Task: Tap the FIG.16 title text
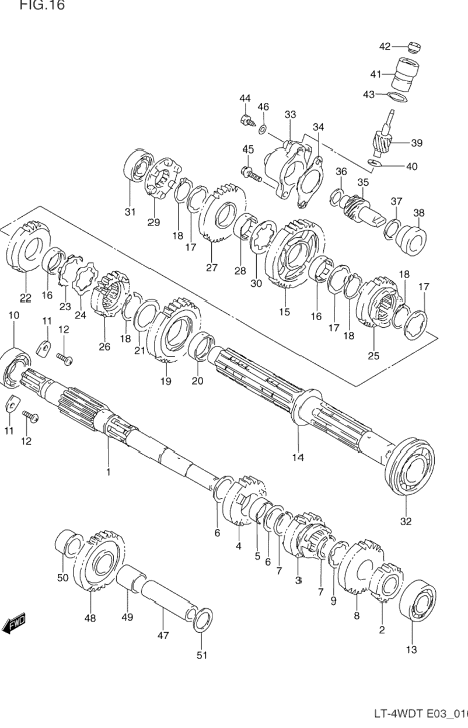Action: pyautogui.click(x=42, y=6)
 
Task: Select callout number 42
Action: pyautogui.click(x=385, y=47)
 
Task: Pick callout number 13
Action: pyautogui.click(x=411, y=649)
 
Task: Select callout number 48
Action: pyautogui.click(x=90, y=618)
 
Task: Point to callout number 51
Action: pyautogui.click(x=201, y=655)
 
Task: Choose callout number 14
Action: pyautogui.click(x=298, y=457)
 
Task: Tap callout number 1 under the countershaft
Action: pyautogui.click(x=108, y=471)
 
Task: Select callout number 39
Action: pyautogui.click(x=417, y=143)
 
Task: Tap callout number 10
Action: pyautogui.click(x=13, y=316)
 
